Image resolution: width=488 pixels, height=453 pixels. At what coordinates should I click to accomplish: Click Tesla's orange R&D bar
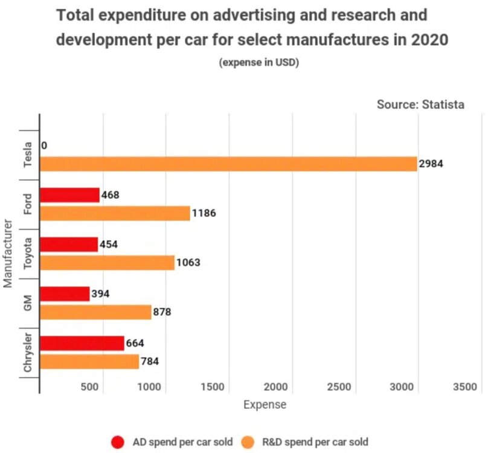pyautogui.click(x=228, y=164)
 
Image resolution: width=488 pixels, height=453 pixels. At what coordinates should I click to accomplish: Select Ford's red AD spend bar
pyautogui.click(x=69, y=195)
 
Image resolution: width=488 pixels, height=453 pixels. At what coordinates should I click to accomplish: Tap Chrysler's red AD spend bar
pyautogui.click(x=82, y=343)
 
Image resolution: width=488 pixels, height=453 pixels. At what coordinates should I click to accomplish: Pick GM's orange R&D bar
pyautogui.click(x=95, y=312)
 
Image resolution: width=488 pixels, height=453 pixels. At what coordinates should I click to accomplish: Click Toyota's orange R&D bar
pyautogui.click(x=107, y=263)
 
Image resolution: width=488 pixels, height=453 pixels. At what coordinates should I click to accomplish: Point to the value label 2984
pyautogui.click(x=432, y=164)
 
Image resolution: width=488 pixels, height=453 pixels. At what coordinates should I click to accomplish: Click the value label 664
pyautogui.click(x=135, y=344)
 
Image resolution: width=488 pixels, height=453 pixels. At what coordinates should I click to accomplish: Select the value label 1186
pyautogui.click(x=204, y=213)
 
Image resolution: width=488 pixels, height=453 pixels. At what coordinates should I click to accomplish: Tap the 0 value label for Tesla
pyautogui.click(x=45, y=146)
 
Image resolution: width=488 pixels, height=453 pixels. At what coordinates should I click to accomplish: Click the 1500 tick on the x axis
pyautogui.click(x=213, y=387)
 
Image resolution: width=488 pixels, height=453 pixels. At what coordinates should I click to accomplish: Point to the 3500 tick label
pyautogui.click(x=464, y=387)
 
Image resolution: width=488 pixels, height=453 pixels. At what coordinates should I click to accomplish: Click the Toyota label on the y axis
pyautogui.click(x=28, y=254)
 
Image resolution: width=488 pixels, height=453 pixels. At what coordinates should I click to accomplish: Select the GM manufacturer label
pyautogui.click(x=28, y=303)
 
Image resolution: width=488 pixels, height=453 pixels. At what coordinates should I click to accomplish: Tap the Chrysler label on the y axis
pyautogui.click(x=28, y=353)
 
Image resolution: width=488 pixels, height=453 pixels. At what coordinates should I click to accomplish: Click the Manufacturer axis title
pyautogui.click(x=8, y=254)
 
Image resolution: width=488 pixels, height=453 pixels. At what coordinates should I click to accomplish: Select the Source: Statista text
pyautogui.click(x=420, y=104)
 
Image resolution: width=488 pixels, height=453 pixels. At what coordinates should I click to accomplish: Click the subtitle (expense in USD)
pyautogui.click(x=259, y=62)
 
